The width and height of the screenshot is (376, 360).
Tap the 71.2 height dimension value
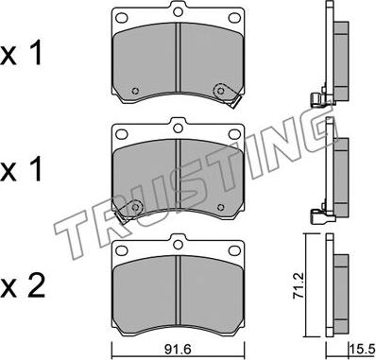point(298,285)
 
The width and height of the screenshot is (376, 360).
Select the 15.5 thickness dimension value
point(363,349)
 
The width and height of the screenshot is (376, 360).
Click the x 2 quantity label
point(22,287)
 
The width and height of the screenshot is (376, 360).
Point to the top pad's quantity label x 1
point(21,54)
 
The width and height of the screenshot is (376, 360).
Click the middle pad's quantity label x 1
point(21,170)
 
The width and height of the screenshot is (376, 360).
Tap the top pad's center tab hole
point(179,11)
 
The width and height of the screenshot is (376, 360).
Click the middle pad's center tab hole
point(179,128)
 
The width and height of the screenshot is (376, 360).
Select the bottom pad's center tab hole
point(179,244)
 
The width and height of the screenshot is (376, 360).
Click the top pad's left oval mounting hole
point(122,18)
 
